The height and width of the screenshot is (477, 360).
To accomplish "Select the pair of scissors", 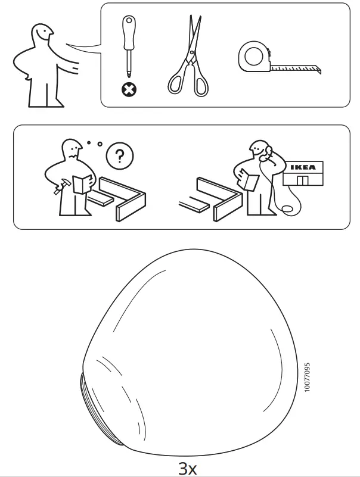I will [189, 57].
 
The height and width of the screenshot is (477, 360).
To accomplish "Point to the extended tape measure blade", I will [295, 69].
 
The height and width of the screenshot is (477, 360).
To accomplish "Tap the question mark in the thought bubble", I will [119, 157].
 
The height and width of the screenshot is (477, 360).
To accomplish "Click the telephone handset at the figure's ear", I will [266, 151].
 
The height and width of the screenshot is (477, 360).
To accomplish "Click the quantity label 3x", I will [188, 468].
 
